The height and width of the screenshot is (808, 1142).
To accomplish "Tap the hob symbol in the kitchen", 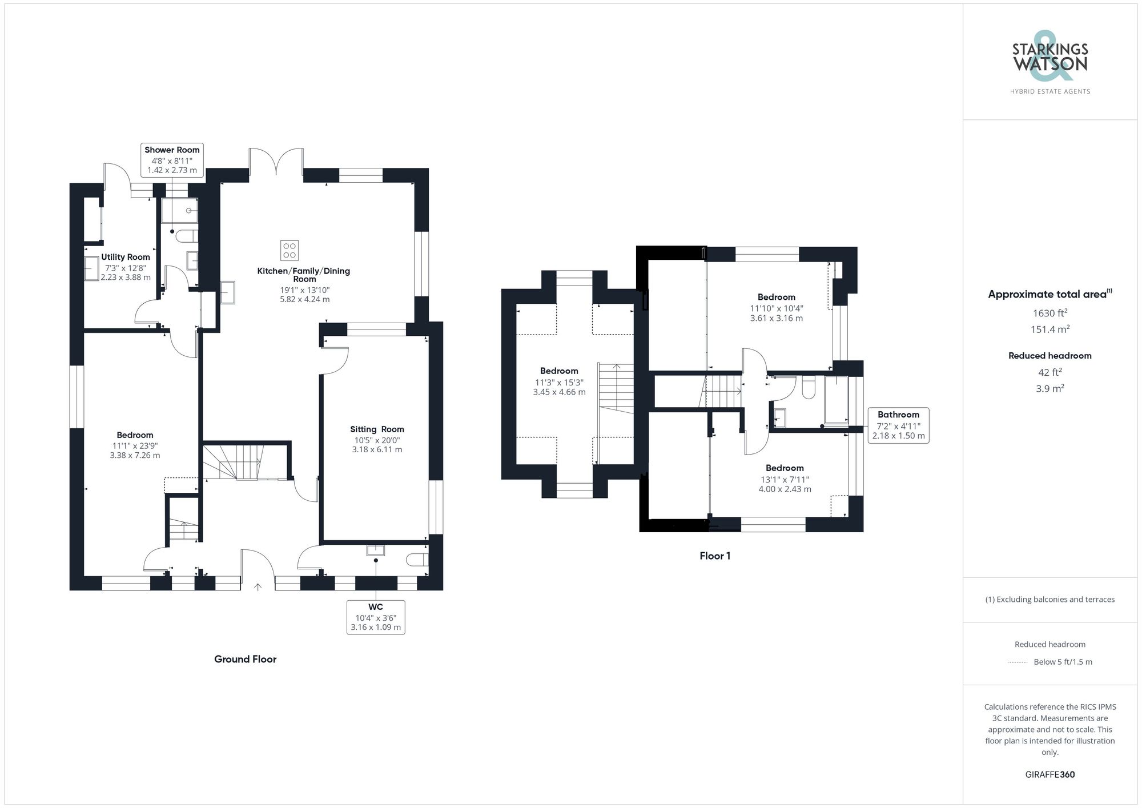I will coord(289,250).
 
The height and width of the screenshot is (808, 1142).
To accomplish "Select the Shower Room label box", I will coord(172,160).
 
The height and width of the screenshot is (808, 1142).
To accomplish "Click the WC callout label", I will coord(376,617).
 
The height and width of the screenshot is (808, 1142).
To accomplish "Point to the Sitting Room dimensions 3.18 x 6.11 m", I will coord(377,449).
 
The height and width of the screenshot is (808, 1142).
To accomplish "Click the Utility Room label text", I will coord(126,257).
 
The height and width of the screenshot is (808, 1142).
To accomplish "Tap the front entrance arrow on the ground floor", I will coord(258,586).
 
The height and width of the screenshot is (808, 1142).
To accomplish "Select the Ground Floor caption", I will coord(245,659).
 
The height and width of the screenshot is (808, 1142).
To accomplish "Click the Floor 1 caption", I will coord(715,556).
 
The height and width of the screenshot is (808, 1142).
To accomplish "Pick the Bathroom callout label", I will coord(898,425).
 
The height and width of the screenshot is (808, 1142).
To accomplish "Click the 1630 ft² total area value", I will coord(1049,313).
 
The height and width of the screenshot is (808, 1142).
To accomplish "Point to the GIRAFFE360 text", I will coord(1049,774).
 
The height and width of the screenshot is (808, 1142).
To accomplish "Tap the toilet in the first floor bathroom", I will coord(809,387).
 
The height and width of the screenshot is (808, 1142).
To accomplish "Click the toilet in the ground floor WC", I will coord(416,560).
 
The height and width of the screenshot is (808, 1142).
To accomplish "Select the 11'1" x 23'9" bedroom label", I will coord(135,445).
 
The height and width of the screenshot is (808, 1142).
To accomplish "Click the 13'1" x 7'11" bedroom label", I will coord(785,479).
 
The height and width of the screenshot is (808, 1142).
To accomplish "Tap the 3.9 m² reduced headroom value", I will coord(1049,388).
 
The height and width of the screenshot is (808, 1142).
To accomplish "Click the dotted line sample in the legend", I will coord(1018,662).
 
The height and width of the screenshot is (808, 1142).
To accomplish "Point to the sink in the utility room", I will coord(91,268).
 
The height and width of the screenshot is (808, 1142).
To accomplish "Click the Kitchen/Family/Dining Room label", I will coord(303,275).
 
